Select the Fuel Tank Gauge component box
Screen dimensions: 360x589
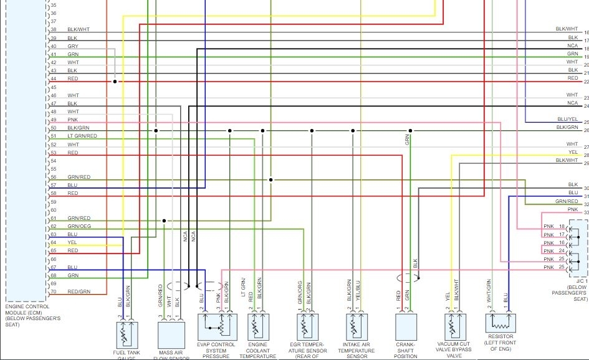click(x=127, y=334)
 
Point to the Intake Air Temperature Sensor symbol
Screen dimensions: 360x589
click(x=357, y=326)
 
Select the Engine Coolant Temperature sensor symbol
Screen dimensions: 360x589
click(x=258, y=326)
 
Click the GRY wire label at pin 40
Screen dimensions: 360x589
click(x=72, y=46)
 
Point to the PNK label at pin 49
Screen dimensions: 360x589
click(x=72, y=120)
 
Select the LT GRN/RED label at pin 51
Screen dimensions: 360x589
click(x=82, y=136)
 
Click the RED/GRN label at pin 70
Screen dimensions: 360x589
click(x=79, y=291)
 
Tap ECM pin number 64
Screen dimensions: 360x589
click(x=54, y=242)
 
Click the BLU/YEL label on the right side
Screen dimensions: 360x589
click(x=568, y=119)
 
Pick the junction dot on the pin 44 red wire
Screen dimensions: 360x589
click(x=115, y=82)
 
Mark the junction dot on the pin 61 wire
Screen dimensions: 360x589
click(x=164, y=220)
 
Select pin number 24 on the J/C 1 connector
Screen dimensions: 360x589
click(x=562, y=251)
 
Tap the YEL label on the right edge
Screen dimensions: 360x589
click(x=573, y=152)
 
